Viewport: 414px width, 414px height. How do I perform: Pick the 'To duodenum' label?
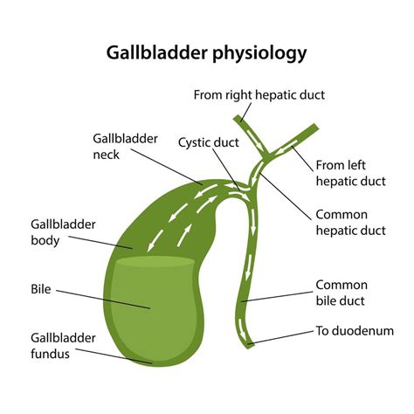(349, 332)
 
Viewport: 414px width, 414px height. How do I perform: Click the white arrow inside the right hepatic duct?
(245, 132)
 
